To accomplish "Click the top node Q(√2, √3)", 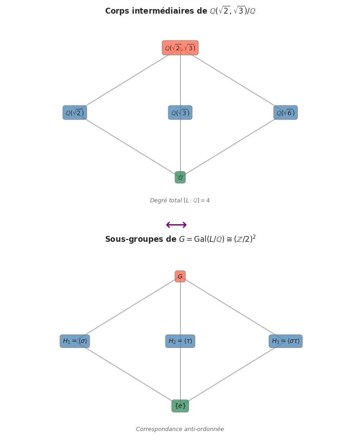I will click(180, 48).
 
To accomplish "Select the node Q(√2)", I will click(75, 113).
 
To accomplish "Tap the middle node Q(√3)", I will click(180, 113).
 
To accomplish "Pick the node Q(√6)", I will click(286, 113).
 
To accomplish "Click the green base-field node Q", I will click(180, 177).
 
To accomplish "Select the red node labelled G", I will click(180, 276).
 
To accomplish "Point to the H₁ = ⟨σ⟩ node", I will click(75, 341).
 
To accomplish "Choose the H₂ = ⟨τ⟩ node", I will click(180, 341).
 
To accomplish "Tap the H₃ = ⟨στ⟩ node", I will click(286, 341).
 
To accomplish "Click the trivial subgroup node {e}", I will click(180, 406).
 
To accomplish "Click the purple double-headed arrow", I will click(176, 225).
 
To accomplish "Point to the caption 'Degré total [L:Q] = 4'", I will click(180, 201).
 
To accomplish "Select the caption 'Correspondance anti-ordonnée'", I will click(180, 429).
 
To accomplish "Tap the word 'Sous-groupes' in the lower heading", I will click(130, 239).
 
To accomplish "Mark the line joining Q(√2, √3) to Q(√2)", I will click(127, 80).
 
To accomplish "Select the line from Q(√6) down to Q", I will click(233, 145).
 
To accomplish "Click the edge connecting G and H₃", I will click(233, 309).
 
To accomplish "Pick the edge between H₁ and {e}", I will click(127, 373).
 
